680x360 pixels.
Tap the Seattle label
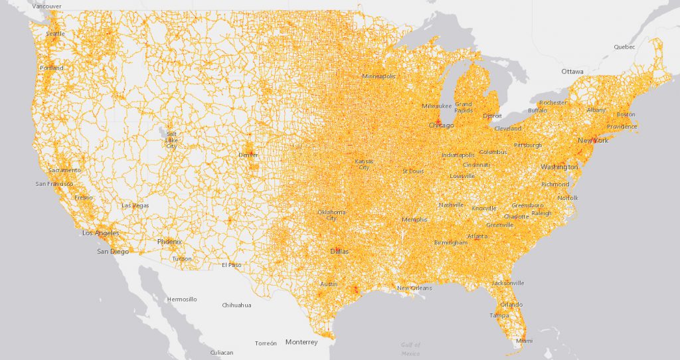pyautogui.click(x=56, y=34)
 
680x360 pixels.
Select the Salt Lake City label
pyautogui.click(x=171, y=139)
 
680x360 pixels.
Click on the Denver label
pyautogui.click(x=248, y=155)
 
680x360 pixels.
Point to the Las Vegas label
pyautogui.click(x=135, y=206)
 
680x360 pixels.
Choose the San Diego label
pyautogui.click(x=112, y=252)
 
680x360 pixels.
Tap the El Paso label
pyautogui.click(x=232, y=264)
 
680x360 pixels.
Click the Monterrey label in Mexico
pyautogui.click(x=301, y=342)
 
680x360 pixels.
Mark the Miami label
pyautogui.click(x=524, y=341)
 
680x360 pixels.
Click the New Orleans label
pyautogui.click(x=414, y=288)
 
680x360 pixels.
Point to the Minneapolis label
pyautogui.click(x=379, y=76)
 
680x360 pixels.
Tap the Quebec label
pyautogui.click(x=624, y=47)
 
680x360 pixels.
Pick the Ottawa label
pyautogui.click(x=572, y=71)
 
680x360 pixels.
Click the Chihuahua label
pyautogui.click(x=236, y=306)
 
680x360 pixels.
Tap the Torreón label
pyautogui.click(x=266, y=343)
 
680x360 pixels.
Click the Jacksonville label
pyautogui.click(x=508, y=283)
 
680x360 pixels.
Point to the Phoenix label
pyautogui.click(x=169, y=242)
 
